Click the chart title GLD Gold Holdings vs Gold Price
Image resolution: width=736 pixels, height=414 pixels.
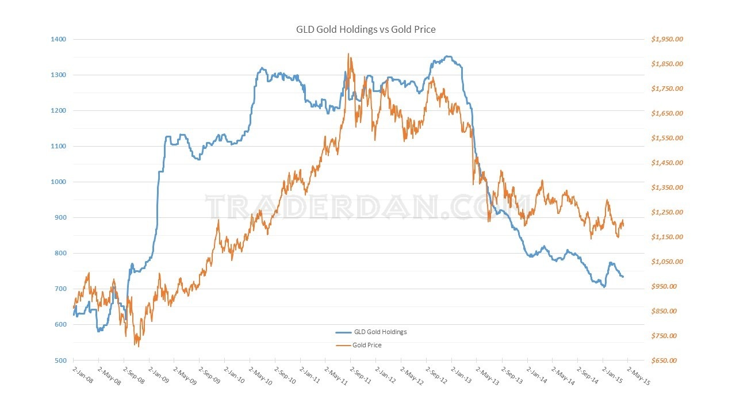[365, 29]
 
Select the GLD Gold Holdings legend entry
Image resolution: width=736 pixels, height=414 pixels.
[379, 332]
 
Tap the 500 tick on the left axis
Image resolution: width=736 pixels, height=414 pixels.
[60, 361]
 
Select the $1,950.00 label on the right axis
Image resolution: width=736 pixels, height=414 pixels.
[667, 39]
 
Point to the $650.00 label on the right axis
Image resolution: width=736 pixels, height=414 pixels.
[667, 361]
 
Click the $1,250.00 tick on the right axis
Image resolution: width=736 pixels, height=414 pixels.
[667, 212]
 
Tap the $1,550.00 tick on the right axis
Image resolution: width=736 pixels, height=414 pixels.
[667, 138]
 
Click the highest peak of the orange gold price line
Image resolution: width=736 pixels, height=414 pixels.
[348, 54]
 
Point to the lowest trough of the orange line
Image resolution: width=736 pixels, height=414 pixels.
[138, 346]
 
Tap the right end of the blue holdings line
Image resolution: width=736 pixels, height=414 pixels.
[623, 277]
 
